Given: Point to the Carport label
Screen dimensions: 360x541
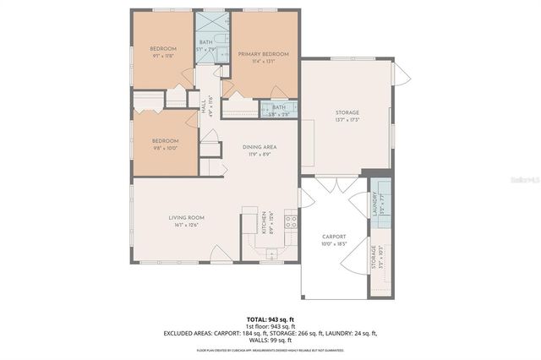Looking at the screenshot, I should [x=335, y=239].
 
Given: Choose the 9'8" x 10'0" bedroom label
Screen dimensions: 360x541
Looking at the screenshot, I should [x=165, y=144].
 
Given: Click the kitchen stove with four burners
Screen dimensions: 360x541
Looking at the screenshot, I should [x=290, y=222].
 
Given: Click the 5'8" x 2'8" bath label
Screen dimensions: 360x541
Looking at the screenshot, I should [x=279, y=109].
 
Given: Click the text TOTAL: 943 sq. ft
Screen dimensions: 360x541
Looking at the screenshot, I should [x=270, y=318].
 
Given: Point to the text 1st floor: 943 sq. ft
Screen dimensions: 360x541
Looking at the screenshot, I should [x=270, y=325].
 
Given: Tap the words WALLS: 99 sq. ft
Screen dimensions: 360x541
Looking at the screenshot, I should [x=270, y=341].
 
